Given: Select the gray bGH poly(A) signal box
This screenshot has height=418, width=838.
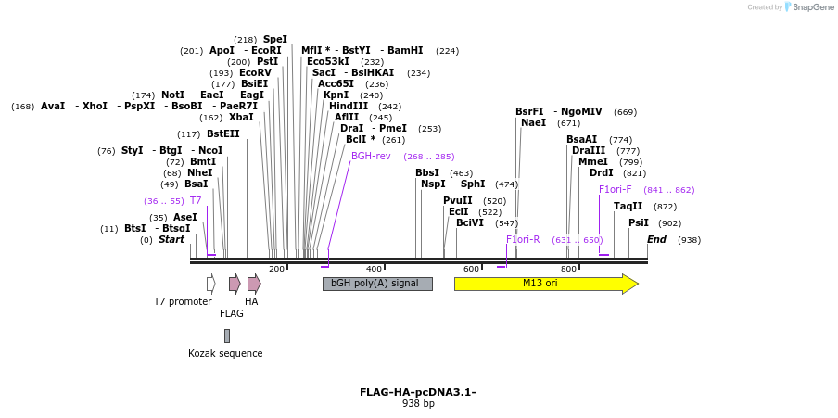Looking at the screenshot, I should (x=376, y=284).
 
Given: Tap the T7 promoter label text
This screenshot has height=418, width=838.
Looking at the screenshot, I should (x=182, y=301).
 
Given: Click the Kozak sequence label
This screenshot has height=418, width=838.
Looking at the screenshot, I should (x=225, y=353).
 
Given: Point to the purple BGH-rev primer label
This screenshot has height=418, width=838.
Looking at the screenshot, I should (x=371, y=157).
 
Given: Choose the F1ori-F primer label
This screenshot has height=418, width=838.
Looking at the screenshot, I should (x=615, y=190).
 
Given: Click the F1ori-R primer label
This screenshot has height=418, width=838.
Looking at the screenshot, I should (x=523, y=240).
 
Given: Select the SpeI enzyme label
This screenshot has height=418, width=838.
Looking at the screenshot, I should (x=275, y=40).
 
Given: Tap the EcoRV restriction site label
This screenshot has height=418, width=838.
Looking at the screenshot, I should (x=255, y=73).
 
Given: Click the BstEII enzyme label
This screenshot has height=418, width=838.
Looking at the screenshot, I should (x=222, y=134).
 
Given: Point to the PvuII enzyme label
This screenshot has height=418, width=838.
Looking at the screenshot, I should (x=458, y=201).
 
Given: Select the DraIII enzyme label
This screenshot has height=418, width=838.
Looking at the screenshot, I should (x=589, y=151).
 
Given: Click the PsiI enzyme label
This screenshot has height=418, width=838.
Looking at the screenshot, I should (x=639, y=223).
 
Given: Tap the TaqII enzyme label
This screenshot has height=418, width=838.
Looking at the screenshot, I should (x=628, y=207).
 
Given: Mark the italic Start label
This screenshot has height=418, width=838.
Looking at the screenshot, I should (x=171, y=240).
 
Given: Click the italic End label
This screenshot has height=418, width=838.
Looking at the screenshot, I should (x=656, y=240).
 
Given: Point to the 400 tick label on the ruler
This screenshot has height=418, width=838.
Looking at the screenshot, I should (x=374, y=269).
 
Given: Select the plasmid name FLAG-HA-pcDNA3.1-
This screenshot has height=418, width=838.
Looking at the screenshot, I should (x=418, y=392).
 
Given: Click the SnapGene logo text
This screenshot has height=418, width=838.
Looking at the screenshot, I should (x=813, y=7).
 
